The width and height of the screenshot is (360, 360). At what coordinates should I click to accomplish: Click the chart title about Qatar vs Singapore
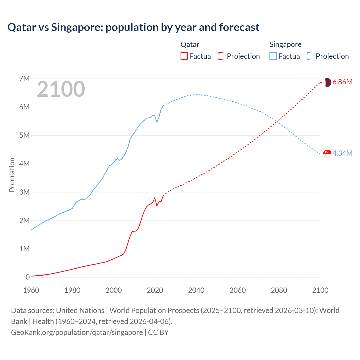tap(133, 27)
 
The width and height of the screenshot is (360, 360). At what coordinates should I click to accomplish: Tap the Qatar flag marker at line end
tap(327, 82)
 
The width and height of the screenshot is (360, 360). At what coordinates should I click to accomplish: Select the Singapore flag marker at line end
tap(327, 154)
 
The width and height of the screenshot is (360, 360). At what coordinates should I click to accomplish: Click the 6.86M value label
tap(342, 82)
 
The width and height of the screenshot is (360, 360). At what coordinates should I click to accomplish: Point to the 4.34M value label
tap(342, 153)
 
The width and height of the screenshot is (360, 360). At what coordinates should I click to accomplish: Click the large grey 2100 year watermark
tap(61, 89)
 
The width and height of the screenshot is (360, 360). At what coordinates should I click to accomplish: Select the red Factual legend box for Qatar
tap(184, 56)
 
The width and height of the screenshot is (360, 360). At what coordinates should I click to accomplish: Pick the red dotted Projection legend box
tap(222, 56)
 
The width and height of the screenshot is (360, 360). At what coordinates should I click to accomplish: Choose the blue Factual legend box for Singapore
tap(273, 56)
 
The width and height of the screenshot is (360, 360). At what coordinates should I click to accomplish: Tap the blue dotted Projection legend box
tap(310, 56)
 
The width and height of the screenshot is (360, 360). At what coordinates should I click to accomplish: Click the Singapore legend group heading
tap(285, 44)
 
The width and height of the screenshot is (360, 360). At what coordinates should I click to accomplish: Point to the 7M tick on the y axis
tap(24, 78)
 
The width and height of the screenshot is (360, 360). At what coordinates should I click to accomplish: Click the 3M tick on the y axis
tap(24, 192)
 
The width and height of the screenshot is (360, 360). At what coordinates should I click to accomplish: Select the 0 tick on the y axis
tap(28, 277)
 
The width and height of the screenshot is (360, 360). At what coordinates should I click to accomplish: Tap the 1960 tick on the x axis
tap(31, 290)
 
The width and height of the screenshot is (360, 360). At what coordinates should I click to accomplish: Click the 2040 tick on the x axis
tap(196, 290)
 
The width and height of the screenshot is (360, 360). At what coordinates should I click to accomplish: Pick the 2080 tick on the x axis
tap(279, 290)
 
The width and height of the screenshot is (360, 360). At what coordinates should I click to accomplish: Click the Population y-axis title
tap(12, 175)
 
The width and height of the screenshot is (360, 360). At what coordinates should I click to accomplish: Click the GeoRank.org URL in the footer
tap(77, 332)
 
